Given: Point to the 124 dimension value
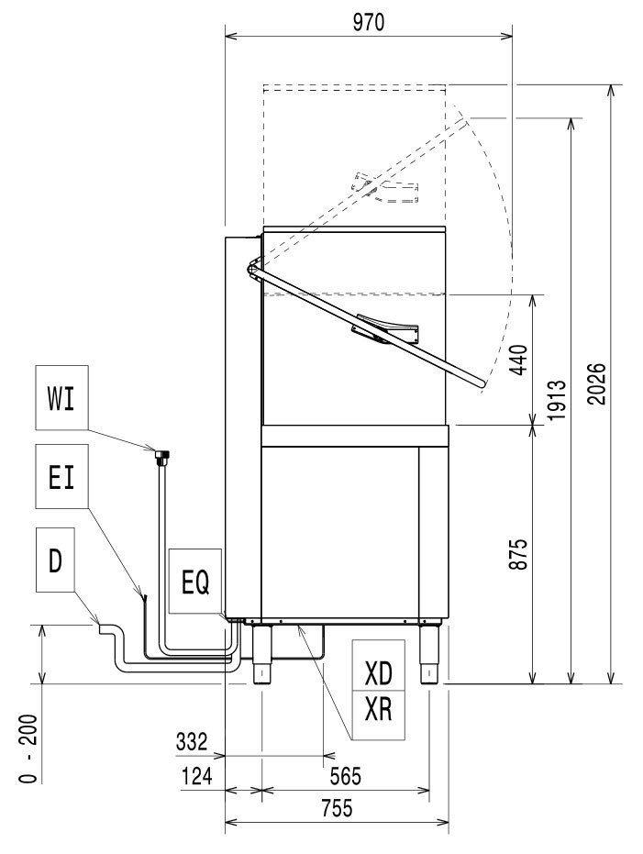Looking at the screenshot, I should coord(195,776).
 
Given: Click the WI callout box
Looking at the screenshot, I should coord(61,400).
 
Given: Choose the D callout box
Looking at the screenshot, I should coord(55,561).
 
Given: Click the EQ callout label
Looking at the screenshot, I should coord(195,582).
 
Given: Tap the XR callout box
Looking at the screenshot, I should coord(378,709).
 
